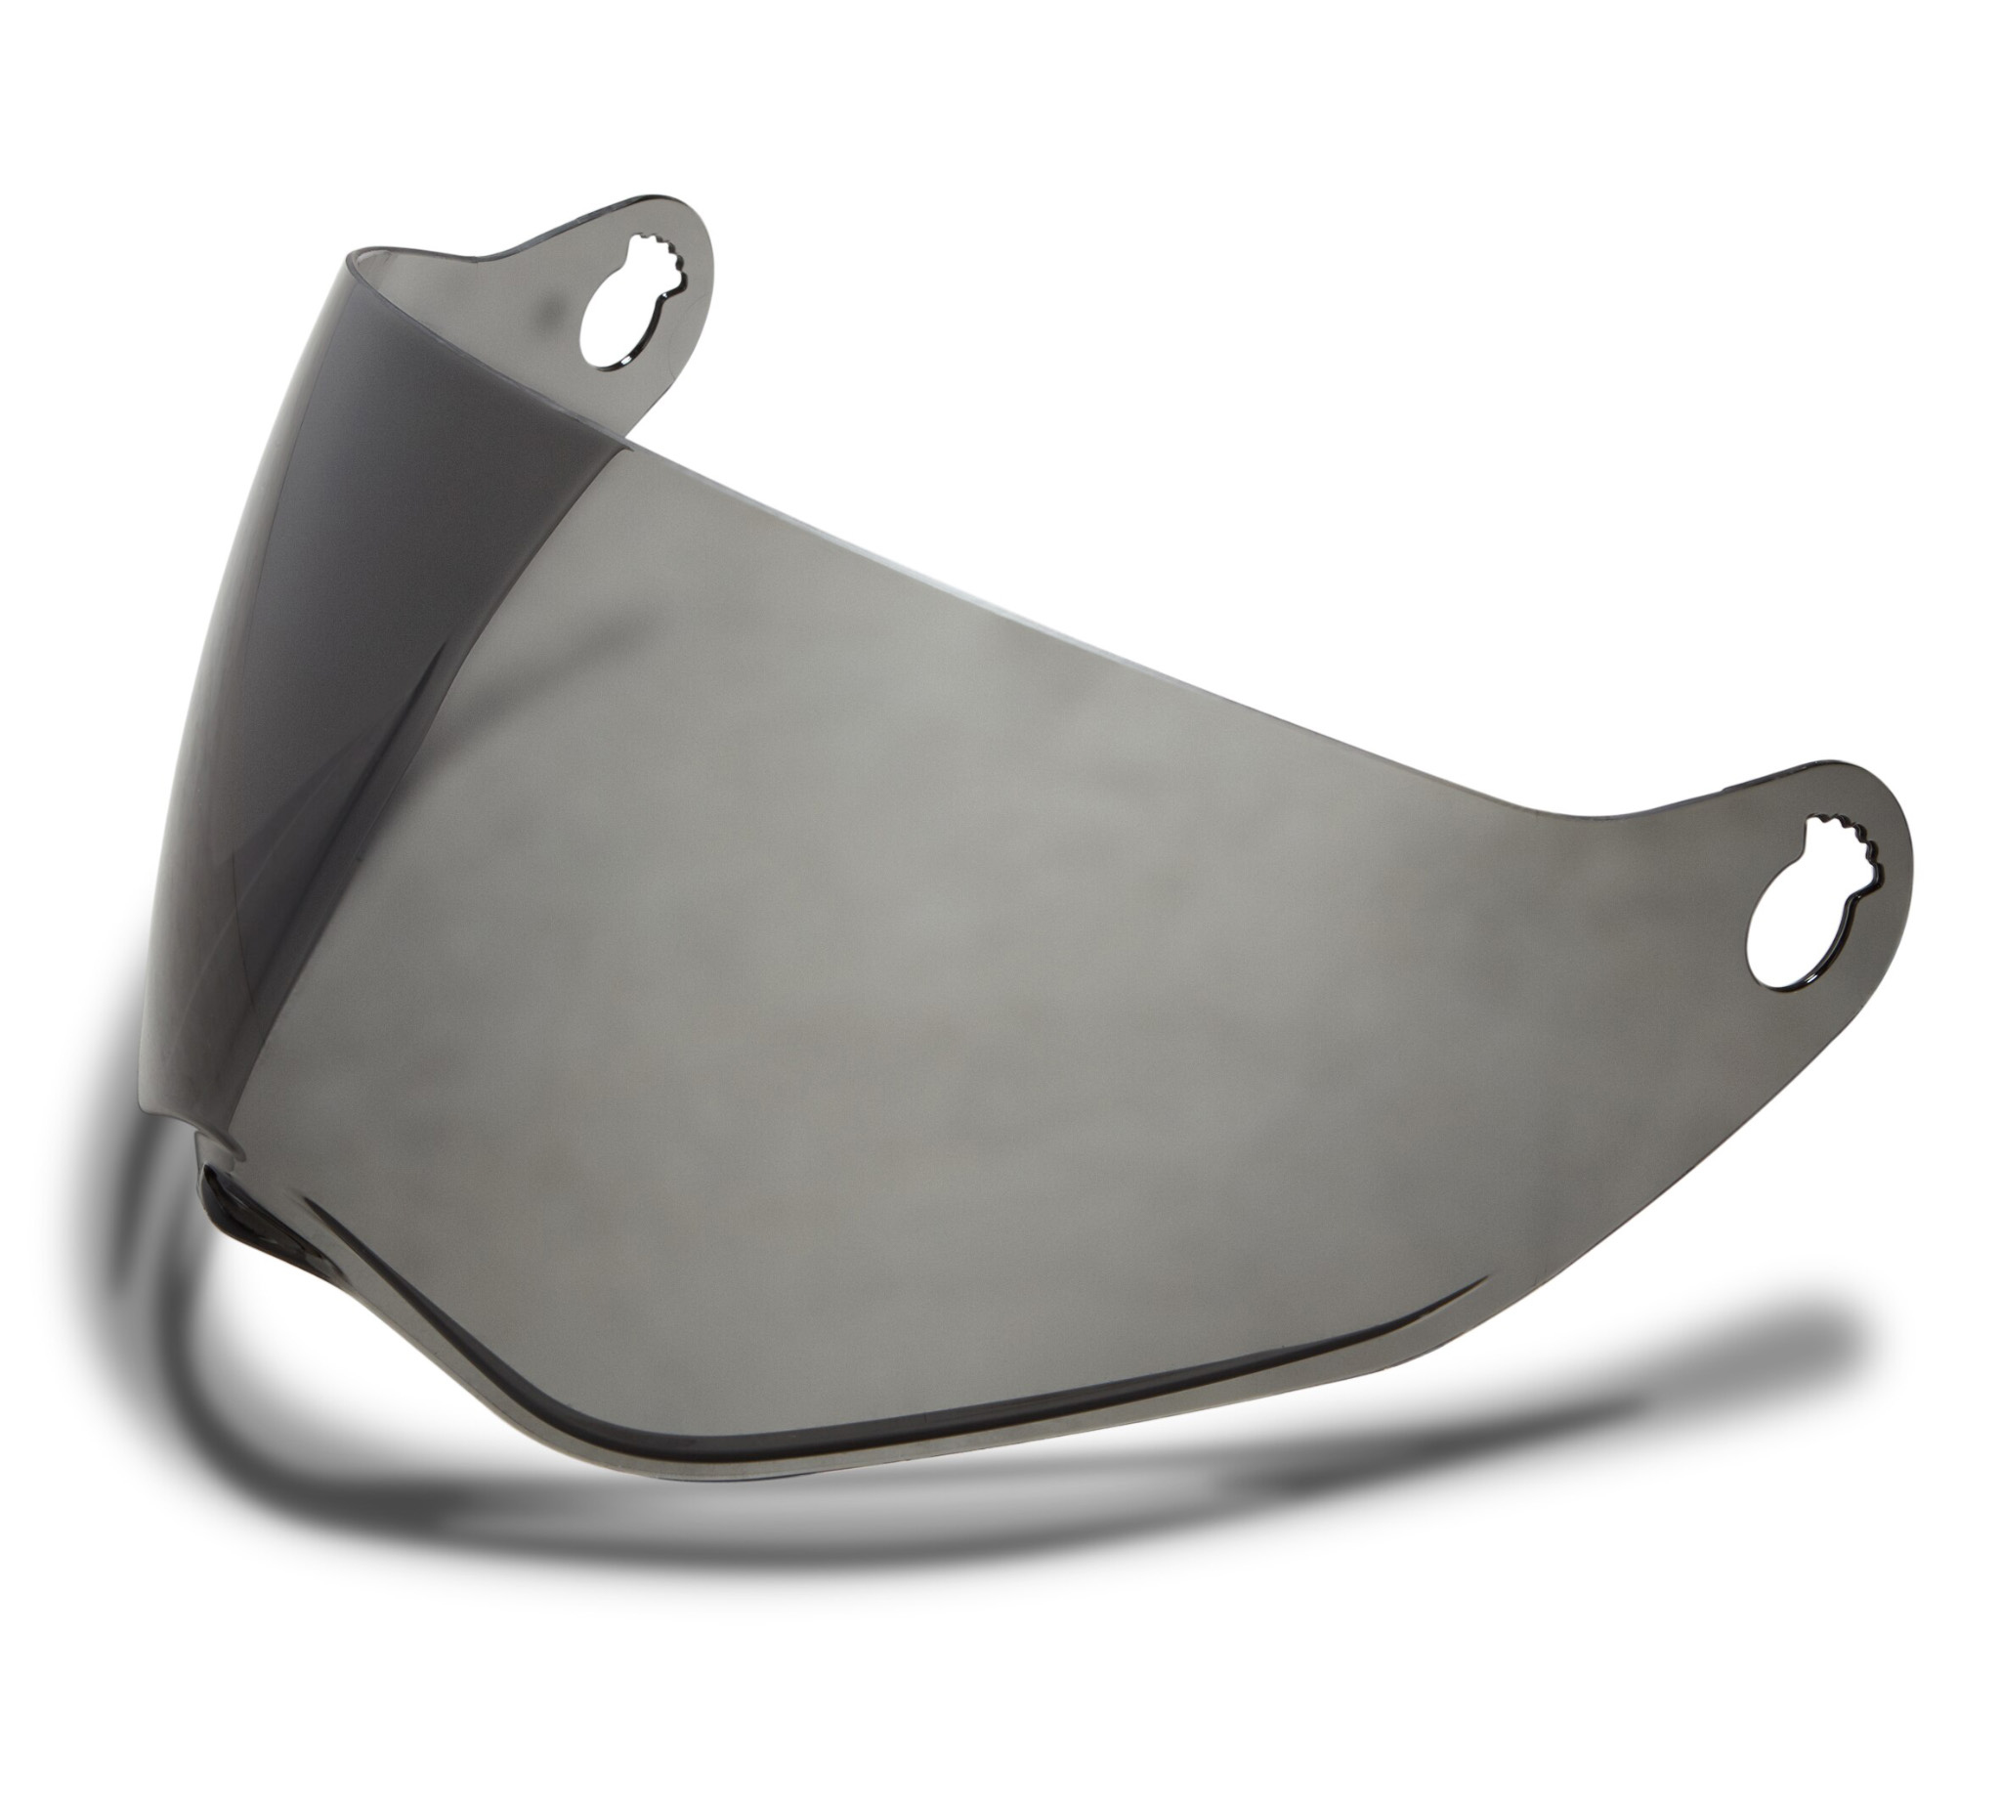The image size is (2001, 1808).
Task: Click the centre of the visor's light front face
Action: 993,943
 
